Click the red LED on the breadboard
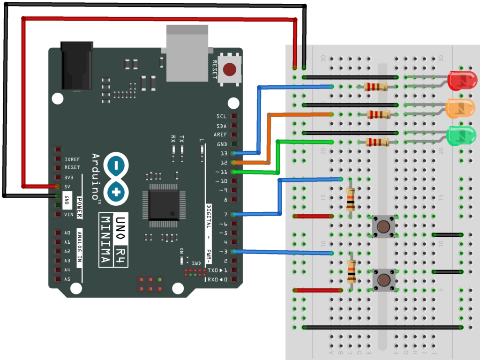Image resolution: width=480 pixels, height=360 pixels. [x=462, y=81]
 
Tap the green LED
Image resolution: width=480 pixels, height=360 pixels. [x=461, y=135]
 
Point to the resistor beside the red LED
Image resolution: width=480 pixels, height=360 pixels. [x=376, y=86]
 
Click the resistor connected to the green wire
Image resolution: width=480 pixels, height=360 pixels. [x=377, y=142]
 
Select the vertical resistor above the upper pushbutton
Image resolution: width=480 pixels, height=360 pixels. [x=350, y=200]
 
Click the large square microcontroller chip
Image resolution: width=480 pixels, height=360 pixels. [x=164, y=205]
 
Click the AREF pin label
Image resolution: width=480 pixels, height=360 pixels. [x=220, y=135]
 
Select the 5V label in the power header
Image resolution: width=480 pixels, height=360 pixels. [x=68, y=187]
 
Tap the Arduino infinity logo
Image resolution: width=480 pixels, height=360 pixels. [x=116, y=178]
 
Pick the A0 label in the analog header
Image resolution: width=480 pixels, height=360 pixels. [x=67, y=233]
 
